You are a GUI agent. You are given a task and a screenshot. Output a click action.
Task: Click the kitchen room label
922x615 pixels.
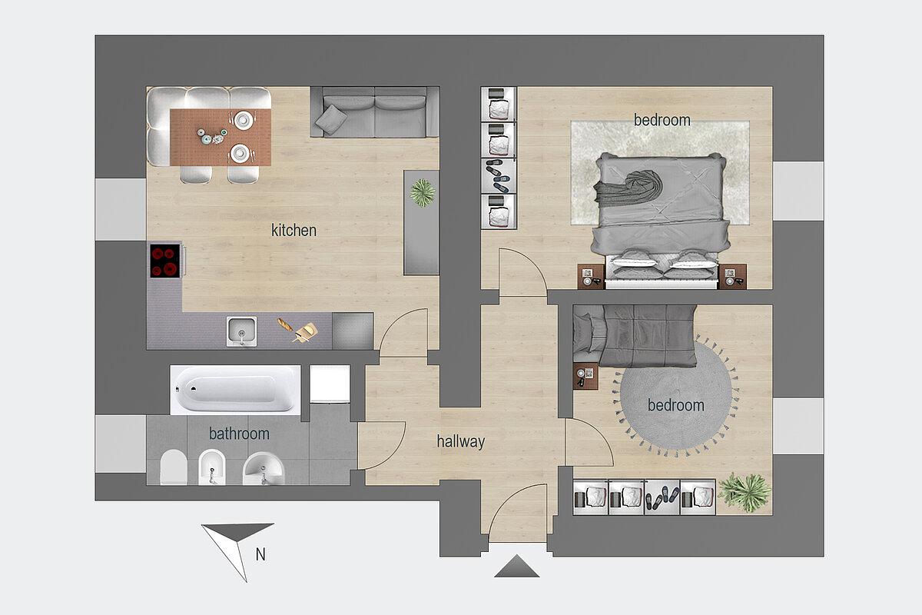(x=294, y=231)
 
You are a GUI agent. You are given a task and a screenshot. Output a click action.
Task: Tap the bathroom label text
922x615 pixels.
(x=239, y=434)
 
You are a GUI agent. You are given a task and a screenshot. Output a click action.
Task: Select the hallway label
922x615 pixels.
(x=460, y=441)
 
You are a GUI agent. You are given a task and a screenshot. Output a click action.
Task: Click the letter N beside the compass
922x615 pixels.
(x=260, y=554)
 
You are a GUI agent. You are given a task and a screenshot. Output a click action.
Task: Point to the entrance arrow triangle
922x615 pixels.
(x=516, y=566)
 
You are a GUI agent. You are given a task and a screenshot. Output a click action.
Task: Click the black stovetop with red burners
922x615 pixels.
(x=165, y=261)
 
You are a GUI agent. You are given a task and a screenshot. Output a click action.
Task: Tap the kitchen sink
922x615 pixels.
(x=241, y=331)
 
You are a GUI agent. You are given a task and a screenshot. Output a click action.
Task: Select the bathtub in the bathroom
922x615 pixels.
(x=235, y=390)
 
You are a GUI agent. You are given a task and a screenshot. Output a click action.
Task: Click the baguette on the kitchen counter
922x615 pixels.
(x=285, y=324)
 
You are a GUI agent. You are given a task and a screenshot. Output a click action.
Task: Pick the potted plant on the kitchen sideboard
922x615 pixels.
(x=423, y=192)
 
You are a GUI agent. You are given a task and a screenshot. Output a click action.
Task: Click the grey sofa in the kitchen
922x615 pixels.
(x=375, y=112)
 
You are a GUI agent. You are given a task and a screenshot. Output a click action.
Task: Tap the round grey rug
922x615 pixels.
(x=676, y=395)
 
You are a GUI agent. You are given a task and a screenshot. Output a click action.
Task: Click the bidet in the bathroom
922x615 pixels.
(x=211, y=467)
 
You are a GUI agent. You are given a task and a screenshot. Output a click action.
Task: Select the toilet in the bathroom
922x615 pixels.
(x=174, y=467)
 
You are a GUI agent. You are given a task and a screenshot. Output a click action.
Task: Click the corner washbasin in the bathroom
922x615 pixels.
(x=264, y=469)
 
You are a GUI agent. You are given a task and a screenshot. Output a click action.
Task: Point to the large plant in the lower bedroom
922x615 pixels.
(x=745, y=493)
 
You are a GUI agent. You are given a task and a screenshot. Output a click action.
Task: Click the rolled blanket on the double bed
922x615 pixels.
(x=630, y=188)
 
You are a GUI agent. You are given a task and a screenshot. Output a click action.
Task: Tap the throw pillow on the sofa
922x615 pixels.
(x=331, y=119)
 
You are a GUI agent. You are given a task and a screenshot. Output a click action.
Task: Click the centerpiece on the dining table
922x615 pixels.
(x=212, y=137)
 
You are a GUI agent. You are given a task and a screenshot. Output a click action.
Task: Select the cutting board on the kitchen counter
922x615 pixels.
(x=307, y=332)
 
